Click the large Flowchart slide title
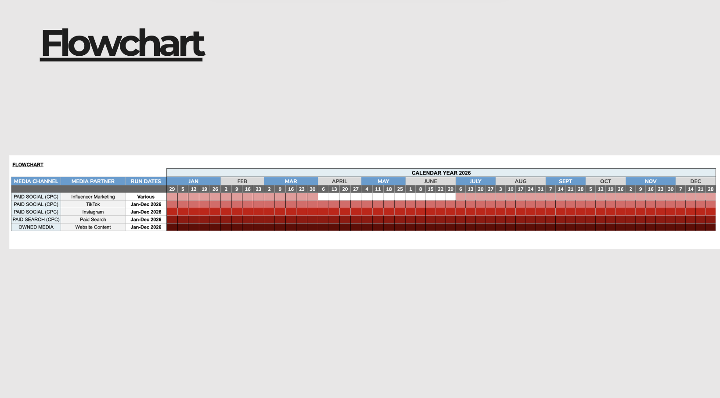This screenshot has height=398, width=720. (123, 43)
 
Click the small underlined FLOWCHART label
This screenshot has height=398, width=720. (28, 165)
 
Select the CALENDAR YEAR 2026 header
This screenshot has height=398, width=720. (441, 173)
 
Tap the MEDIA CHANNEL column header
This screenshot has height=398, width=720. (36, 181)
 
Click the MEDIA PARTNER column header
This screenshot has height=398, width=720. (93, 181)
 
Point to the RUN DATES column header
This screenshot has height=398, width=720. (146, 181)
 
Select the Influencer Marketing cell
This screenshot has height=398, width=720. (93, 197)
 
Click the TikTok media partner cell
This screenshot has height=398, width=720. (93, 204)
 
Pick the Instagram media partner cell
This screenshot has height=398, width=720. (93, 212)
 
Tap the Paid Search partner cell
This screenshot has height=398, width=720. (93, 220)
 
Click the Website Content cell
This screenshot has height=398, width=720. (93, 227)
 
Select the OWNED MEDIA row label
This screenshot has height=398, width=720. (36, 227)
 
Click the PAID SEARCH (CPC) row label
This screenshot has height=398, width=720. (36, 220)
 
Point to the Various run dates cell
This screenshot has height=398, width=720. (146, 197)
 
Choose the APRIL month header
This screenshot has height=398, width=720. (339, 181)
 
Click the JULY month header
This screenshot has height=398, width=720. (475, 181)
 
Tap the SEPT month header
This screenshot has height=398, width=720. (565, 181)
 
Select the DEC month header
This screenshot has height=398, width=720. (695, 181)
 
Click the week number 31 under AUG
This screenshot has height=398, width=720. (540, 189)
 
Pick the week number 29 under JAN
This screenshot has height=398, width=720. (172, 189)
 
